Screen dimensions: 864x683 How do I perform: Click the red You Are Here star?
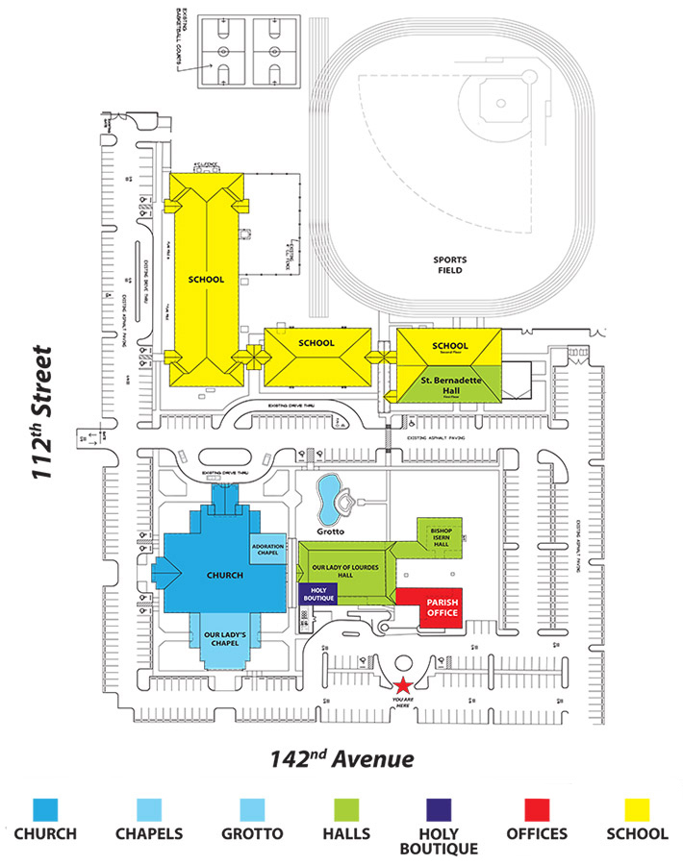[403, 684]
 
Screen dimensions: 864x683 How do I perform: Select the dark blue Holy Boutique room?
[316, 595]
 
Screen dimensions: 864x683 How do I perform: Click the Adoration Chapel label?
[267, 549]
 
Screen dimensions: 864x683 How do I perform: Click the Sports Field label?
[448, 265]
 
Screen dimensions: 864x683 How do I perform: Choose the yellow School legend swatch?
[636, 810]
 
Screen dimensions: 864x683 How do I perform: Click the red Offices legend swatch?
[537, 810]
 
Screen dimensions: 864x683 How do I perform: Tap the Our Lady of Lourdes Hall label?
[347, 568]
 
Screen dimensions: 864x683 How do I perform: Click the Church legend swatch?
[46, 810]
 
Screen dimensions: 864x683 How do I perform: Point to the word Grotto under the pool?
[333, 530]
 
